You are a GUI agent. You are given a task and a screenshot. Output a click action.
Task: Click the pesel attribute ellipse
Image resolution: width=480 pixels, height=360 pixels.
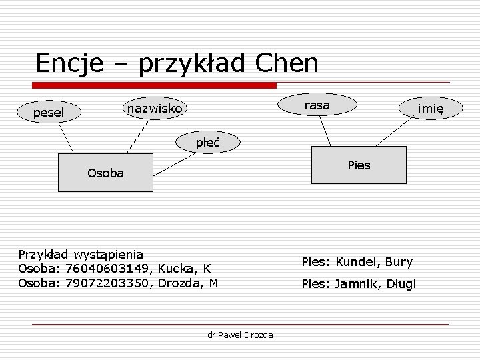coord(49,113)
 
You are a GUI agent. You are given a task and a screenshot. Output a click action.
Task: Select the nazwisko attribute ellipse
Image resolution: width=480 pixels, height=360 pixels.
coord(155,107)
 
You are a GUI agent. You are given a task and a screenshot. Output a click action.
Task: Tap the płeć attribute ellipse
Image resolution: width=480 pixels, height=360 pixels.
coord(207,141)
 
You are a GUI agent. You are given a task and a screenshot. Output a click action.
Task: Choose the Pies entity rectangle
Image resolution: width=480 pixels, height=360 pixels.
coord(359,165)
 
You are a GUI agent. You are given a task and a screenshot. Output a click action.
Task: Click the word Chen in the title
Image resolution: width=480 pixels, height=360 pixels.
coord(286,63)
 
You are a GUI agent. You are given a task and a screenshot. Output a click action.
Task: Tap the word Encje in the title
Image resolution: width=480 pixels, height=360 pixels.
coord(69,63)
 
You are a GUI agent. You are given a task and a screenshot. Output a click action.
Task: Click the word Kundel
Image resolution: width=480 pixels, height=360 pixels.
coord(357,262)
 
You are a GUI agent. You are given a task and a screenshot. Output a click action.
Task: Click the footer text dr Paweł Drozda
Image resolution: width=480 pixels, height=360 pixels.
coord(240,334)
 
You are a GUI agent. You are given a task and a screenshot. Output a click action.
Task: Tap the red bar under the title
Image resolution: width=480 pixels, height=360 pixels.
coord(155,85)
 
